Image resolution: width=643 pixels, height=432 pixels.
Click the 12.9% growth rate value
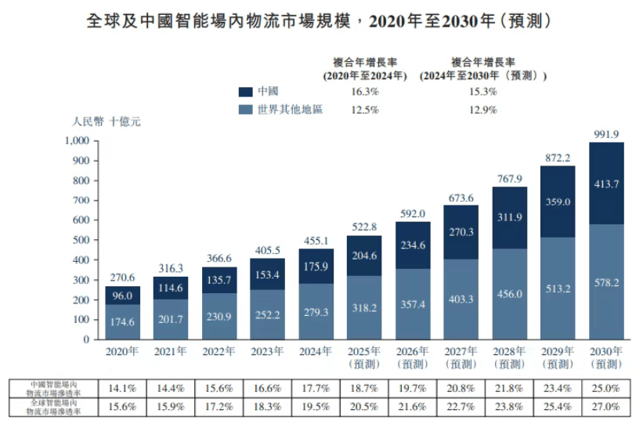click(x=482, y=110)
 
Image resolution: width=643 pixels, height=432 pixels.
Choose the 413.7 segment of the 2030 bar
click(x=606, y=183)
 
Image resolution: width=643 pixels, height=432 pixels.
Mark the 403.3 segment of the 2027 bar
click(x=461, y=299)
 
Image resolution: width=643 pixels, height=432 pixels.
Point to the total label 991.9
click(x=606, y=133)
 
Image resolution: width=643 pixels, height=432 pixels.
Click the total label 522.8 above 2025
click(x=365, y=227)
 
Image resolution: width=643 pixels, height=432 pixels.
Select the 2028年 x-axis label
click(x=510, y=352)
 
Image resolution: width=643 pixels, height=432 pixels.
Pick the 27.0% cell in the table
click(x=606, y=406)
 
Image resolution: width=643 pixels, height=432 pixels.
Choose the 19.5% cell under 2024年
click(x=316, y=406)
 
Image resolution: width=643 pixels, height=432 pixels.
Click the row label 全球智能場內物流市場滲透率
click(x=54, y=406)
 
